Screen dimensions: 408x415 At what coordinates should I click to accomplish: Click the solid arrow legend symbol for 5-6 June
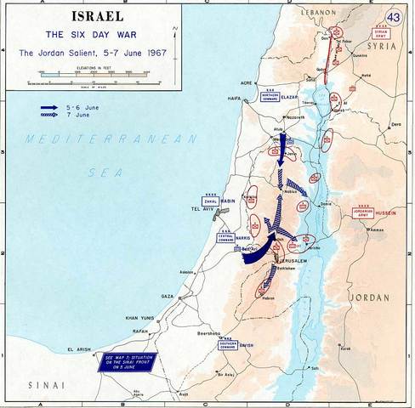click(48, 107)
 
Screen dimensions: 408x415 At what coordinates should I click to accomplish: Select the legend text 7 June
click(76, 116)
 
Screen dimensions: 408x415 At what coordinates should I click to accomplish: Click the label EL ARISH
click(77, 349)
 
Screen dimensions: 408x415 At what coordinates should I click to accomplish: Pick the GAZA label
click(167, 296)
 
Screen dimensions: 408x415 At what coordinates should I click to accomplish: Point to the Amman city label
click(378, 229)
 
